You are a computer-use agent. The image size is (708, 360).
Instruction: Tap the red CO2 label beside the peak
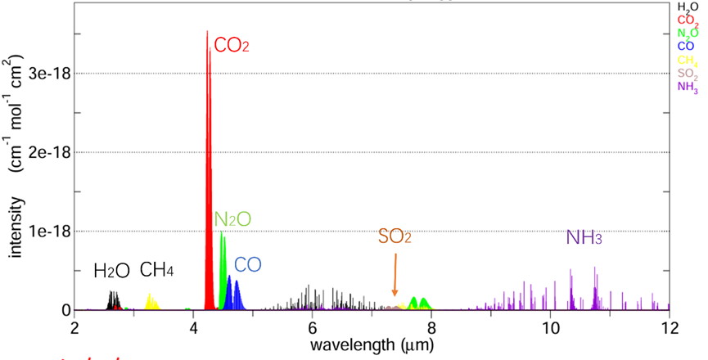click(231, 45)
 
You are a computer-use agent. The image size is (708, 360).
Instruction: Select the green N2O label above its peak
click(232, 218)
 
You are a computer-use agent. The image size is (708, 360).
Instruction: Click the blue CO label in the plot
click(248, 265)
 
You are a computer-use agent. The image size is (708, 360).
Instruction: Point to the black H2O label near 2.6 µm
click(110, 271)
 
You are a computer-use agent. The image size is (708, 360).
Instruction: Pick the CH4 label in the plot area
click(156, 270)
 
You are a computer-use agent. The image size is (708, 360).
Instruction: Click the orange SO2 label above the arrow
click(395, 237)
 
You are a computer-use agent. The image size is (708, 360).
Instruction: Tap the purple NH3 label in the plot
click(584, 238)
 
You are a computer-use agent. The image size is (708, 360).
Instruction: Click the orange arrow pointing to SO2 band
click(395, 274)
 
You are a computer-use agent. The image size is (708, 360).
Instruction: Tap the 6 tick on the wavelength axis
click(313, 326)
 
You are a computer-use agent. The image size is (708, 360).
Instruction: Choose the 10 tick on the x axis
click(550, 326)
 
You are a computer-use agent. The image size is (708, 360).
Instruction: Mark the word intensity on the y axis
click(16, 233)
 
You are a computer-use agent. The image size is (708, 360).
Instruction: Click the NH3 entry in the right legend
click(688, 88)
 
